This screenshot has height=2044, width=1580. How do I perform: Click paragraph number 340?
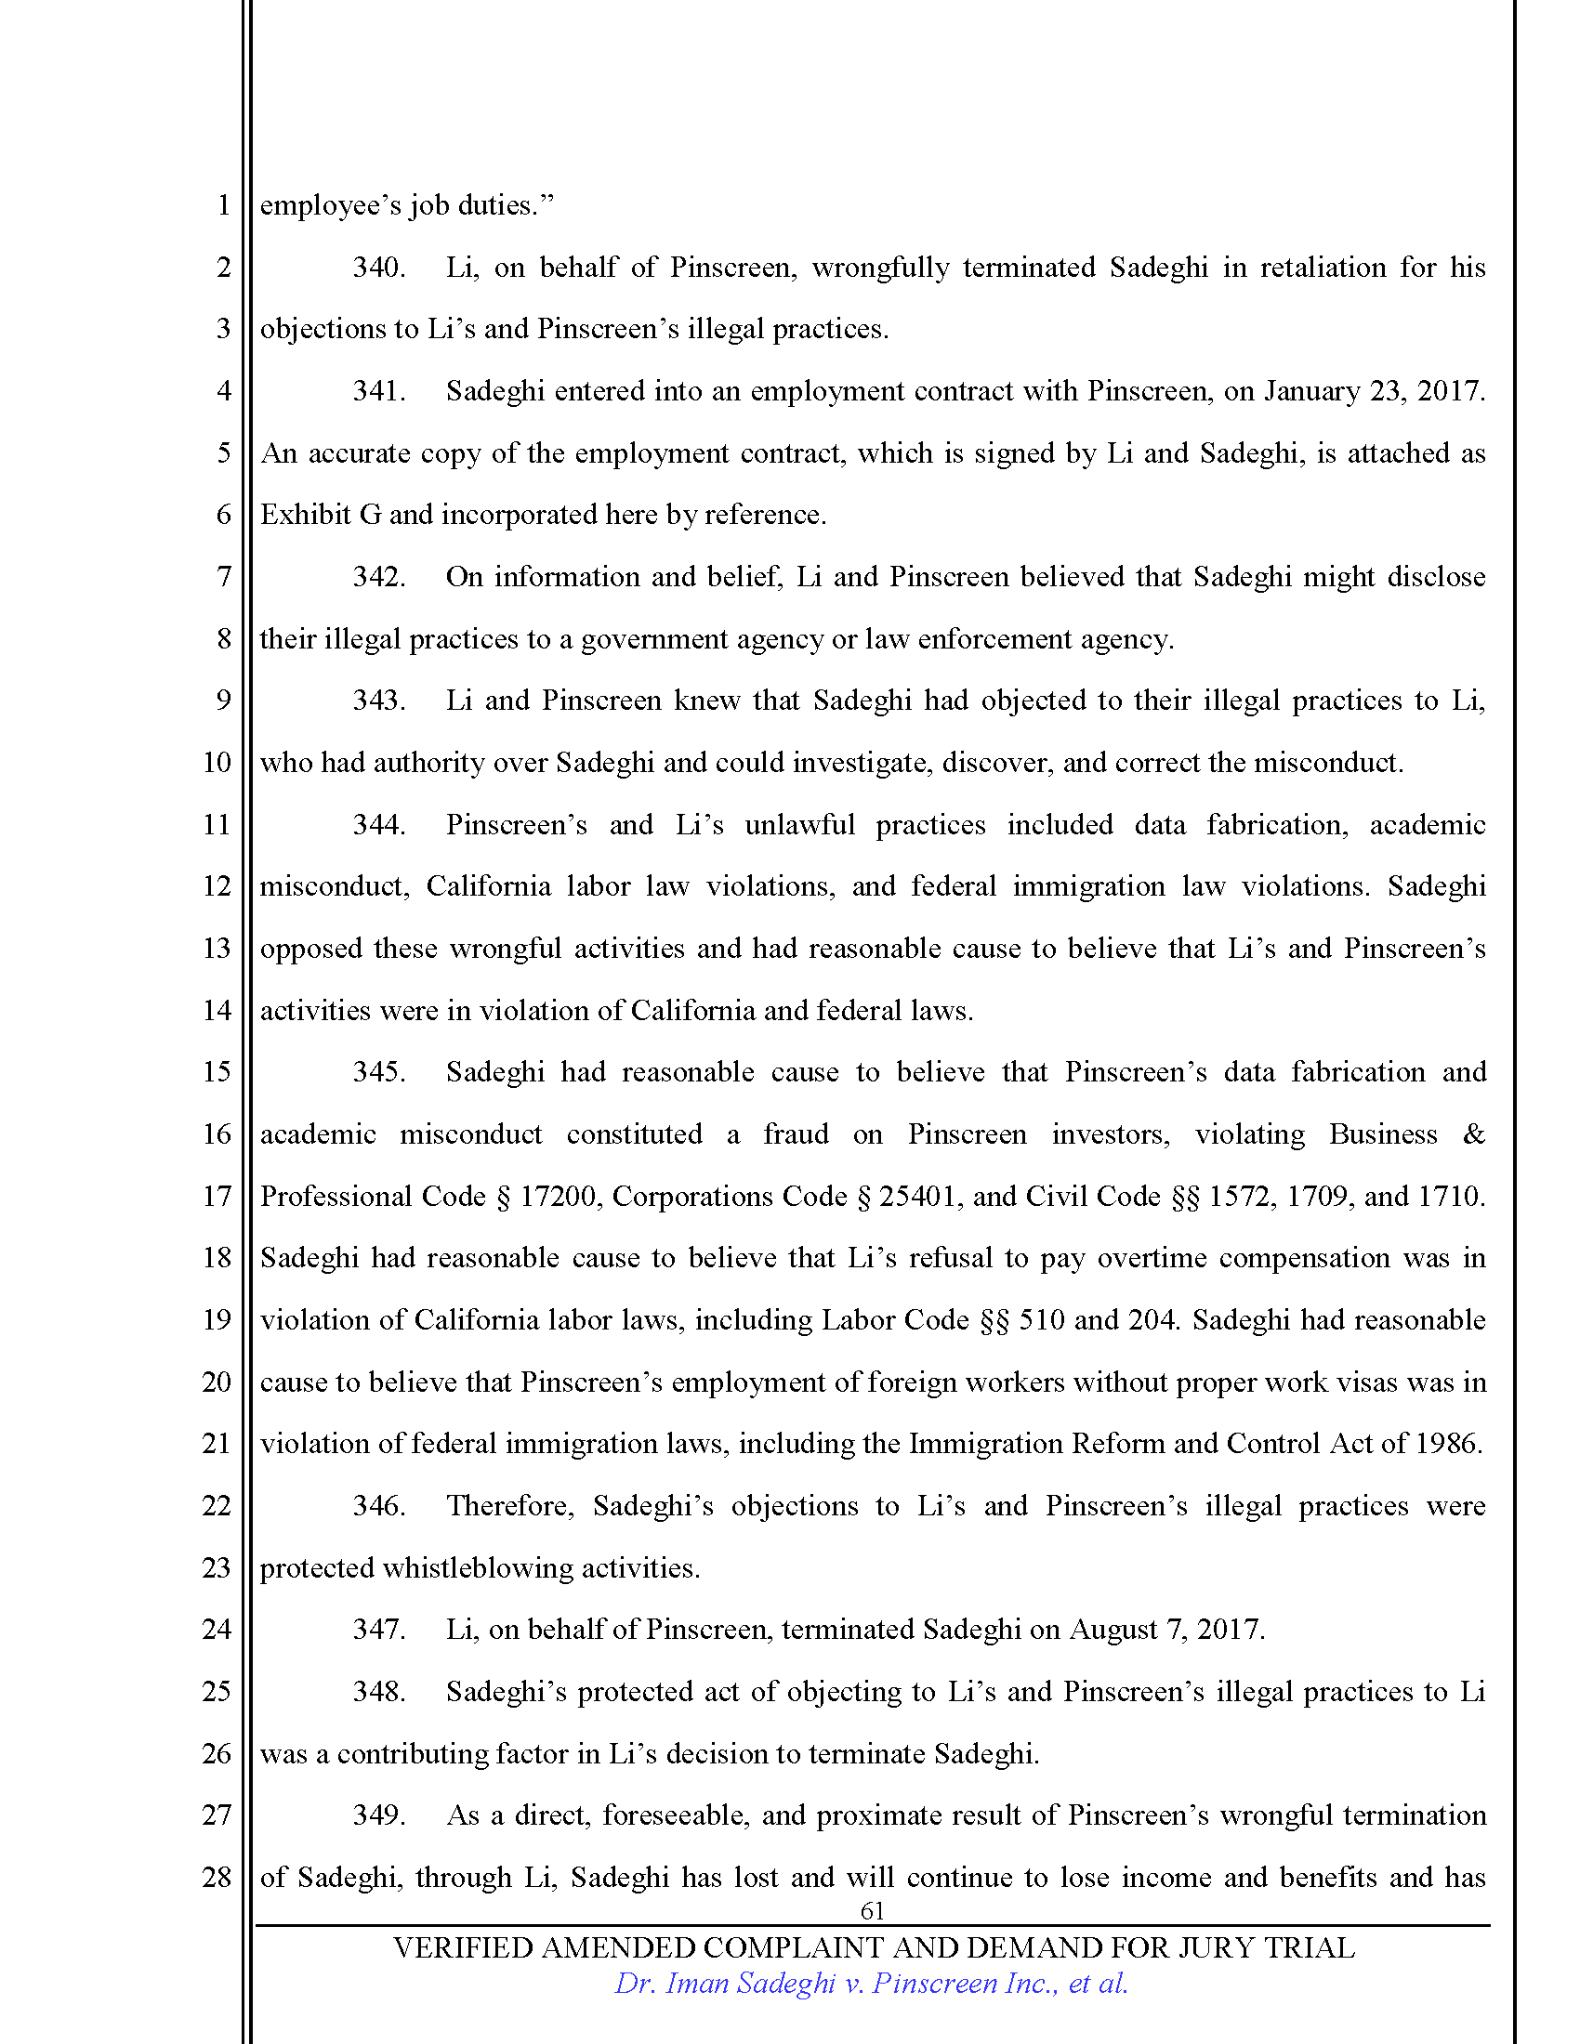click(378, 268)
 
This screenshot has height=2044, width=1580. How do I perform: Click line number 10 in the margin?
click(217, 763)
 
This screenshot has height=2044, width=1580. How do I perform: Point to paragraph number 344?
click(378, 824)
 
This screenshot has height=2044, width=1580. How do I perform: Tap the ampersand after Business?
click(1473, 1134)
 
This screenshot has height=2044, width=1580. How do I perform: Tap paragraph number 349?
click(378, 1815)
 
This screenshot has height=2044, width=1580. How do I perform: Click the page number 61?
click(872, 1910)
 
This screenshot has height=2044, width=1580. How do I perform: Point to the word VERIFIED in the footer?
click(463, 1947)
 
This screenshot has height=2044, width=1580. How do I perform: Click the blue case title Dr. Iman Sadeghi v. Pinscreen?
click(871, 1984)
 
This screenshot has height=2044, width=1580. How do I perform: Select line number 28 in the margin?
click(217, 1877)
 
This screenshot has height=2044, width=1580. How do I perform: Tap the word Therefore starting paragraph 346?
click(510, 1505)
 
